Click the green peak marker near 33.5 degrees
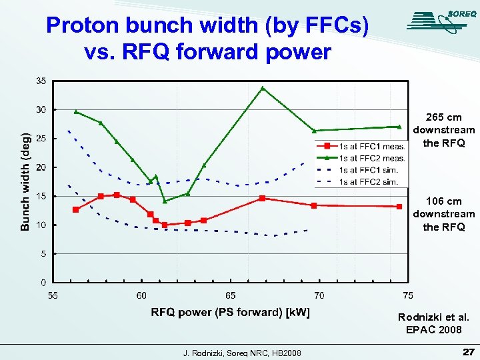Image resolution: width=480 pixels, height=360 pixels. (263, 88)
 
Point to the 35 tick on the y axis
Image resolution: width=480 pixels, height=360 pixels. (41, 81)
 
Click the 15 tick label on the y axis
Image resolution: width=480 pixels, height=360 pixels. (41, 196)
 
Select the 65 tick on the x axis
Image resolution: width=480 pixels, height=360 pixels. (230, 295)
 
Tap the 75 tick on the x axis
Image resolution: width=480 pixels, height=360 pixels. (407, 295)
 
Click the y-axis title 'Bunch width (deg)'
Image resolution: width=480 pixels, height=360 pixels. (25, 181)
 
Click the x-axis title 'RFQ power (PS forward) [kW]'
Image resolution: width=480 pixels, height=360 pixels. (230, 312)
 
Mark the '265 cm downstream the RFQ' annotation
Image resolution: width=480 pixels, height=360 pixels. (444, 130)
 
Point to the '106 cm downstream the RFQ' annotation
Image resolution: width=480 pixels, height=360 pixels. (444, 214)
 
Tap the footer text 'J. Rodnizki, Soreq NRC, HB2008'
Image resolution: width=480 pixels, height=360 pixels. (241, 352)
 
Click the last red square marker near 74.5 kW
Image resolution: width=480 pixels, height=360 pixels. (399, 207)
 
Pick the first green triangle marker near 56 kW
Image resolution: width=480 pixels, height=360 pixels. (76, 112)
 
